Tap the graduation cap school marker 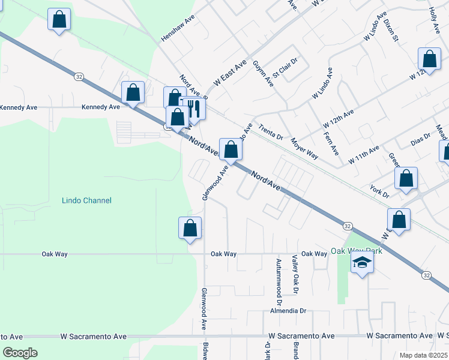[362, 263]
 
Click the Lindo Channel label [86, 200]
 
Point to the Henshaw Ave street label [178, 28]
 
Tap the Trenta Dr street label [271, 132]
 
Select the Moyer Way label [304, 147]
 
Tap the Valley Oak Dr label [295, 274]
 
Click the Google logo [20, 353]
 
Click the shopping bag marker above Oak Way [190, 228]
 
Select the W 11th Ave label [364, 155]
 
